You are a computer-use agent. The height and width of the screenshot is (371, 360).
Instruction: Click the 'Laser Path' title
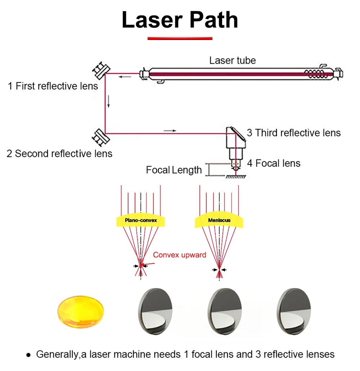click(180, 20)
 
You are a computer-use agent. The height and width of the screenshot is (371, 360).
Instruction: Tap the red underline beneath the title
click(180, 39)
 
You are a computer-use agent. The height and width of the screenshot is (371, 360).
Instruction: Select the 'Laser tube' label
click(233, 60)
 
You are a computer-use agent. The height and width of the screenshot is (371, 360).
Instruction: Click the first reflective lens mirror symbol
click(101, 71)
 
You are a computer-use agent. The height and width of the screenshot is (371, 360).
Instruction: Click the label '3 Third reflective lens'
click(294, 133)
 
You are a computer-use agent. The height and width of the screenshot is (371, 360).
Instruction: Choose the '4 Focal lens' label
click(274, 163)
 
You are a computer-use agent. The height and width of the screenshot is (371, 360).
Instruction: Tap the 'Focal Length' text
click(174, 170)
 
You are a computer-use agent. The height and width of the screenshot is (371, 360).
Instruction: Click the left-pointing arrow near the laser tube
click(125, 77)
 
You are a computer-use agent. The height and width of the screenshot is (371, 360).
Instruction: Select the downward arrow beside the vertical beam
click(109, 101)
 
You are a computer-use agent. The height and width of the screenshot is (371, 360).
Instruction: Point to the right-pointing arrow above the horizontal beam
click(170, 131)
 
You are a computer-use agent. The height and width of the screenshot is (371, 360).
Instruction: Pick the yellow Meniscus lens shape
click(219, 220)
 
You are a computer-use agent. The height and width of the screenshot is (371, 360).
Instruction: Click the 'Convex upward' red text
click(179, 255)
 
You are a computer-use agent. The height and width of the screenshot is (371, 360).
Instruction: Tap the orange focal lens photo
click(81, 312)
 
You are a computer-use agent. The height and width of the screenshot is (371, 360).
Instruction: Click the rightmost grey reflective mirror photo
click(294, 311)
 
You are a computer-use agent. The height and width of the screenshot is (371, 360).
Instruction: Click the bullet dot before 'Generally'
click(29, 355)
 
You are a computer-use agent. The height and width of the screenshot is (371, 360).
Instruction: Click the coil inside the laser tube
click(315, 74)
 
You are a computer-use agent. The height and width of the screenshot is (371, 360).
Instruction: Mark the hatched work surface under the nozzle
click(236, 177)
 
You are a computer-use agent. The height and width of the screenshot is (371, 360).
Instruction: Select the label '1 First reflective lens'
click(53, 86)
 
